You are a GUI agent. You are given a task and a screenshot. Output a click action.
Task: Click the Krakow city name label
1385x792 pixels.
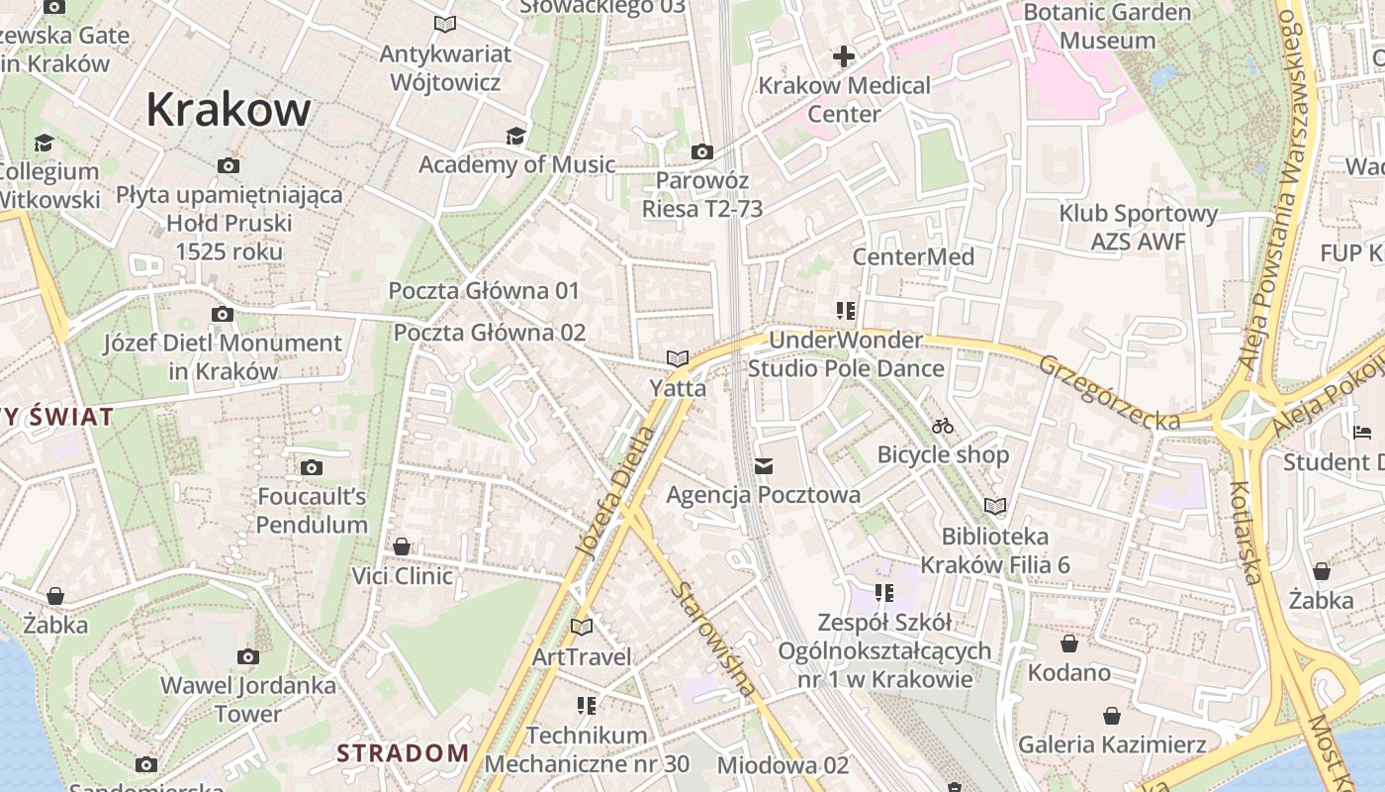tap(229, 109)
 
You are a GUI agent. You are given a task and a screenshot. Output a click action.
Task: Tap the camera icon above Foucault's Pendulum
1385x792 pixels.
tap(312, 467)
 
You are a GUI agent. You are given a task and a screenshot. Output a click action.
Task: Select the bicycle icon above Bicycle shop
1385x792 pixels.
tap(943, 426)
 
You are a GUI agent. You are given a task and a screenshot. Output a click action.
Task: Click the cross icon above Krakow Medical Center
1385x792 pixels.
tap(844, 56)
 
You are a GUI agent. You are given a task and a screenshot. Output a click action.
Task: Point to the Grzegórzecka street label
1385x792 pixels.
tap(1109, 392)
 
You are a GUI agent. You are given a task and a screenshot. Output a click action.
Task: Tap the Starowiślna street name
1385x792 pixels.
tap(714, 639)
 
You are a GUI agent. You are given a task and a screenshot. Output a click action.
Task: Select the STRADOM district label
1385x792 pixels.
tap(403, 752)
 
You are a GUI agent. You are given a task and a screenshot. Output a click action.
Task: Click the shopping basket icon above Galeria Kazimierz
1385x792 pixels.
tap(1112, 716)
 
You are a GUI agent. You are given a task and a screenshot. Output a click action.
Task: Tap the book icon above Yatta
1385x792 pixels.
tap(678, 358)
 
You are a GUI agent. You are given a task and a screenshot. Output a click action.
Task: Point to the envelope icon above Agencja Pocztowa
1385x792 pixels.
tap(764, 465)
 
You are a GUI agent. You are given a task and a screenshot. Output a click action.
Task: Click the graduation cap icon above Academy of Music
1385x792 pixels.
tap(515, 136)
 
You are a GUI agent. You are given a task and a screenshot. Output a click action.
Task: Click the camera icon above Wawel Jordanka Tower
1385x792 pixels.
tap(248, 656)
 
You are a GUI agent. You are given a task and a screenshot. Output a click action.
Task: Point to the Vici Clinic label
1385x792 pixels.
tap(403, 575)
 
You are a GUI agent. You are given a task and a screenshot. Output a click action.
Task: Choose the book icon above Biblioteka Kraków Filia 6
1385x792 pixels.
tap(994, 507)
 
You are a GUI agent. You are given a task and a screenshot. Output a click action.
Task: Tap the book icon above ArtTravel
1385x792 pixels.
tap(582, 627)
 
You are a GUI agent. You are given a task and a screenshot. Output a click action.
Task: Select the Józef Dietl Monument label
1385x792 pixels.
tap(224, 357)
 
